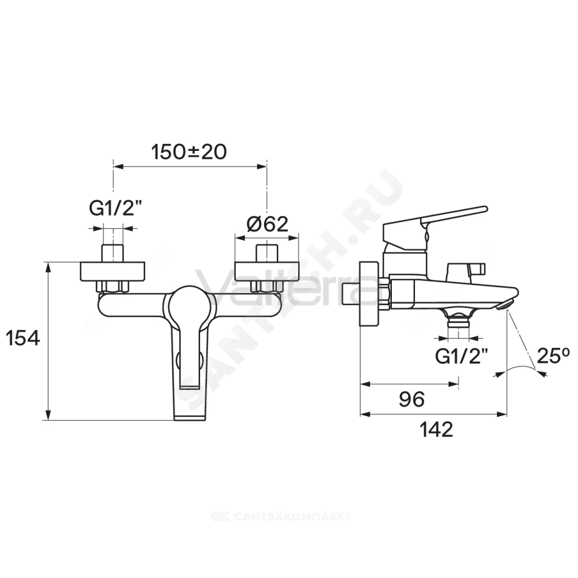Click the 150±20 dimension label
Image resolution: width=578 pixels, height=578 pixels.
pyautogui.click(x=189, y=152)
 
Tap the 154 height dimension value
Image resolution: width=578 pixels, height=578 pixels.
pyautogui.click(x=23, y=338)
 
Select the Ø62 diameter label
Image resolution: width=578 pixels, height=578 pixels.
pyautogui.click(x=268, y=224)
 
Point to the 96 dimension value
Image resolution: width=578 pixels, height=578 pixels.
pyautogui.click(x=412, y=399)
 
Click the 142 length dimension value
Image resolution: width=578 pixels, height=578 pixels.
pyautogui.click(x=436, y=429)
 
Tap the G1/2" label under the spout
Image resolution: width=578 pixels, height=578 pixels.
pyautogui.click(x=461, y=356)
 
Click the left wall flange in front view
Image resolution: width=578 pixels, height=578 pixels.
pyautogui.click(x=113, y=271)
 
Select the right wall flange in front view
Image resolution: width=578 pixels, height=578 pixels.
pyautogui.click(x=266, y=271)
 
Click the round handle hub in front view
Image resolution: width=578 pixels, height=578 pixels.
pyautogui.click(x=189, y=305)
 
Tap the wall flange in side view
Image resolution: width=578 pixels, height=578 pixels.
pyautogui.click(x=369, y=294)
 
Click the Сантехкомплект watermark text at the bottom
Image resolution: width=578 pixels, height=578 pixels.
pyautogui.click(x=281, y=516)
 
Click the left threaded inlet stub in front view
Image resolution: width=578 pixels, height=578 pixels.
pyautogui.click(x=113, y=253)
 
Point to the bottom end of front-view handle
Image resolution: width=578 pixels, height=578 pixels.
pyautogui.click(x=190, y=417)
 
